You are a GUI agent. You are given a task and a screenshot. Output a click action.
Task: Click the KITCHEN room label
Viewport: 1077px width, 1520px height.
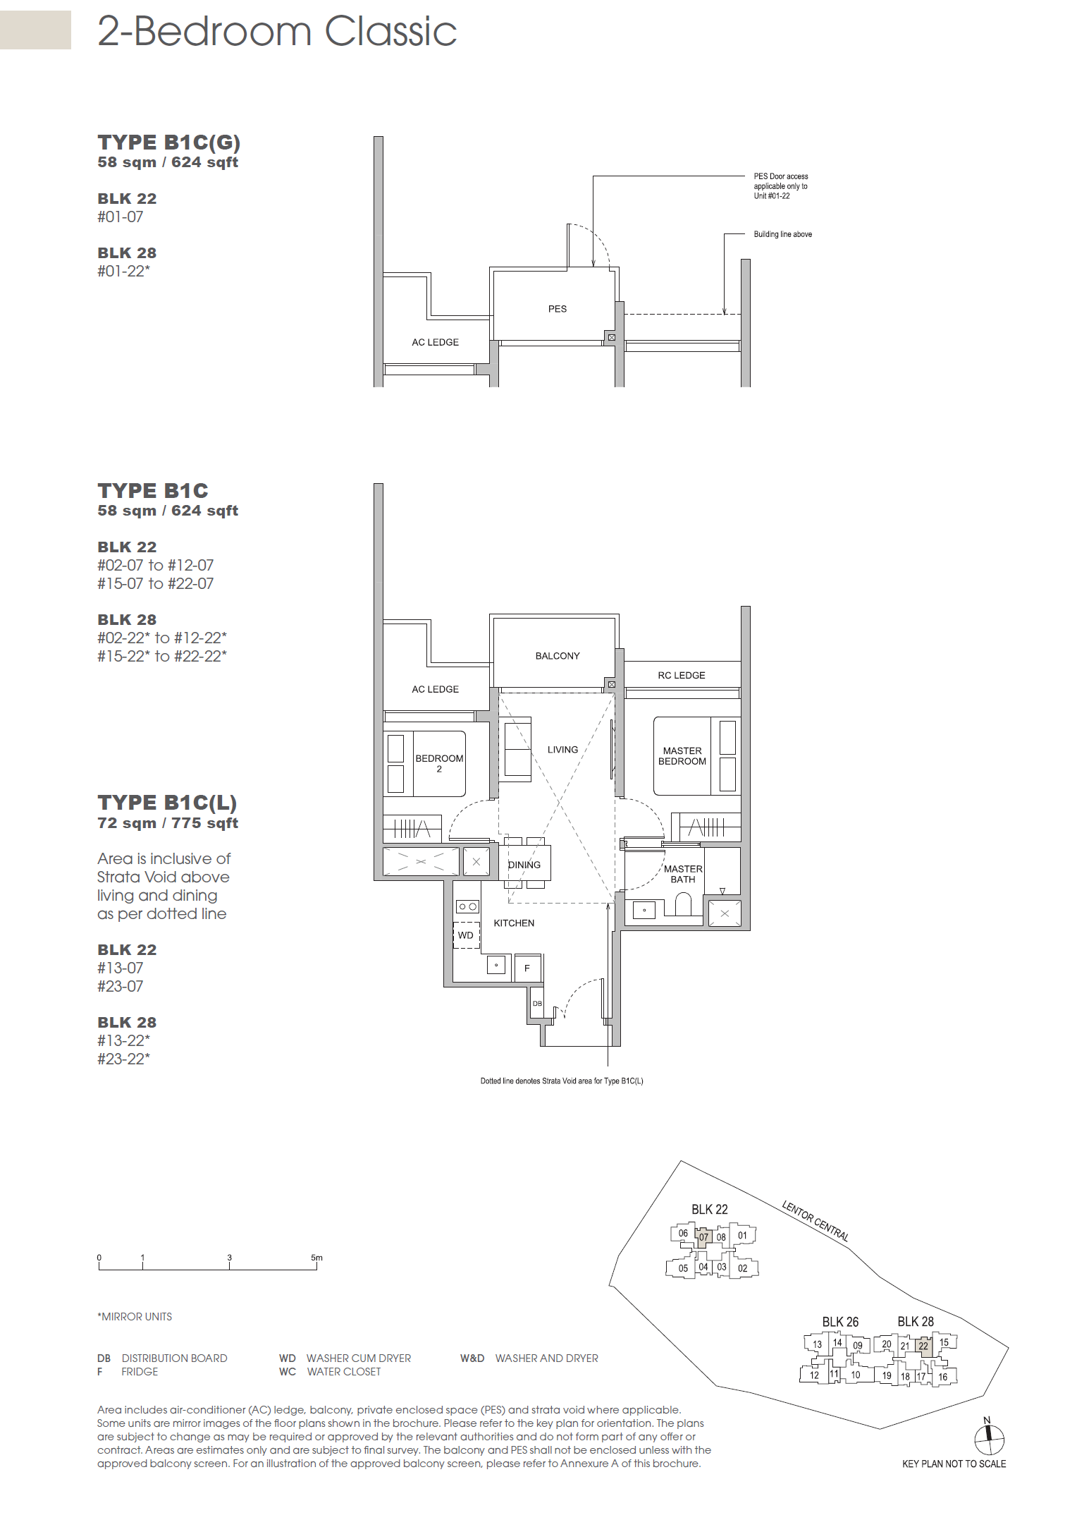(x=514, y=923)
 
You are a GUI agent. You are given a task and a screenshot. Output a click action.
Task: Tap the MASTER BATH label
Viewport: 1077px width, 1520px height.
(x=683, y=875)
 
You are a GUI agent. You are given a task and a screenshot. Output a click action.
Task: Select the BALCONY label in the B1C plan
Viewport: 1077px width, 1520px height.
(x=558, y=656)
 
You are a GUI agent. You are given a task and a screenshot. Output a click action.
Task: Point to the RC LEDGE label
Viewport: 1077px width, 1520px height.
(x=682, y=676)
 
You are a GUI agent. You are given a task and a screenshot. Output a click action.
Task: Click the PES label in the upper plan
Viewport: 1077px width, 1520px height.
(x=558, y=309)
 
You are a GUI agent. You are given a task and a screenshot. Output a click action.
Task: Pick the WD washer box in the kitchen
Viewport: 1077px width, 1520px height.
(x=466, y=935)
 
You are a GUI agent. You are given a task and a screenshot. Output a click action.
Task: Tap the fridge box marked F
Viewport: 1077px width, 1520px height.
(x=527, y=968)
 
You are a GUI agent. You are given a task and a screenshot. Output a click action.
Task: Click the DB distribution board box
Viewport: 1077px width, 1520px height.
(x=537, y=1003)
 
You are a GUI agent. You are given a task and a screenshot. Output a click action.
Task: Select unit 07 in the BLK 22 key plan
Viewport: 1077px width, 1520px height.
(x=703, y=1237)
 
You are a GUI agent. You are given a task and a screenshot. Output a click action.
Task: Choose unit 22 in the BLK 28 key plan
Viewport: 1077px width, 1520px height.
(x=923, y=1346)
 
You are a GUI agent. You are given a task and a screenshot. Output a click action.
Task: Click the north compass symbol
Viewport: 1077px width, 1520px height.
(x=989, y=1436)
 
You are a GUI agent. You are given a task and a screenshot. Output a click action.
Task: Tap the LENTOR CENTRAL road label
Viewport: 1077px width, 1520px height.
(x=816, y=1221)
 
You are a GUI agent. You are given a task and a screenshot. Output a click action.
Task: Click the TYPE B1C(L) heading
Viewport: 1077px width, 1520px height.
(x=167, y=803)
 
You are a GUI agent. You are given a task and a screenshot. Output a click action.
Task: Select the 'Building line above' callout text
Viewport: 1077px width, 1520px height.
(x=783, y=234)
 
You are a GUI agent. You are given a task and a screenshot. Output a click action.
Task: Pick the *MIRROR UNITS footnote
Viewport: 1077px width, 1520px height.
(x=135, y=1317)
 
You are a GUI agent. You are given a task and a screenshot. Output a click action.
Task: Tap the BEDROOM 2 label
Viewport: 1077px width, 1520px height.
(x=439, y=764)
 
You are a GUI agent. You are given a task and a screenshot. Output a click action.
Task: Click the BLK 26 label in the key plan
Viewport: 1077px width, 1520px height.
(x=840, y=1322)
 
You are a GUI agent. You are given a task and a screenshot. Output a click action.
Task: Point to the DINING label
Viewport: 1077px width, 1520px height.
(x=524, y=865)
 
